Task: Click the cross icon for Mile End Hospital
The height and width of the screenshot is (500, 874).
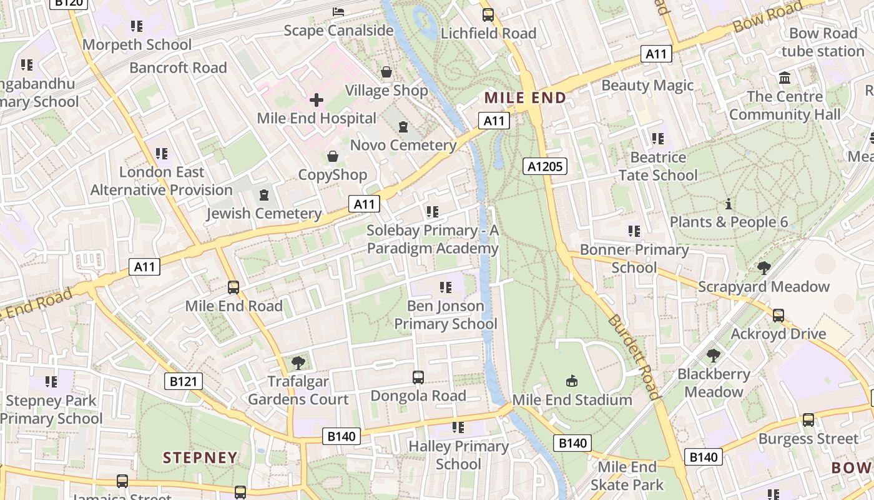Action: (317, 99)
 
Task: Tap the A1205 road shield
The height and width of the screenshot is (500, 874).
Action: (545, 166)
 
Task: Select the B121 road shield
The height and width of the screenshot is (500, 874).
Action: (184, 381)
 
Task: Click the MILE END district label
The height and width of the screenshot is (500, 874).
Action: (525, 97)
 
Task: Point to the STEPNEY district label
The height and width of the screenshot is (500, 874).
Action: (200, 457)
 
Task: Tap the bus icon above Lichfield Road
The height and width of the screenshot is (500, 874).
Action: (488, 15)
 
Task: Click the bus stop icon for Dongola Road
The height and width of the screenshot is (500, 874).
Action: (418, 377)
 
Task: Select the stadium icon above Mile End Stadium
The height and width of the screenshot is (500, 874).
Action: (572, 381)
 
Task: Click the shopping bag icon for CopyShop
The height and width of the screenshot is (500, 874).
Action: (333, 156)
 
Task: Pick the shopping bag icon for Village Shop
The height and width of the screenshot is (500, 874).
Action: (386, 72)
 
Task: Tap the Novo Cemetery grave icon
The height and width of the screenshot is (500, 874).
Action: (403, 127)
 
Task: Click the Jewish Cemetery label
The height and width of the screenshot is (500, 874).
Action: (264, 214)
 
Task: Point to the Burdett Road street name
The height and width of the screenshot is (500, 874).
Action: (633, 356)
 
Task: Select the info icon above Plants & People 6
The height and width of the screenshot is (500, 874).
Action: (729, 204)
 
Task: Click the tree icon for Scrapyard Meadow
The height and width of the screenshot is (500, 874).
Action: (764, 268)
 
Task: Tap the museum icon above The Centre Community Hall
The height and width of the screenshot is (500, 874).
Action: (785, 78)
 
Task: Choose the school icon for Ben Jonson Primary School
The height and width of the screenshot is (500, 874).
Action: (446, 287)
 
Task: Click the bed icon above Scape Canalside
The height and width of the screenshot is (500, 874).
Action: (338, 12)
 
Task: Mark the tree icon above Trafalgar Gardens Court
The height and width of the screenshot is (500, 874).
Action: (298, 362)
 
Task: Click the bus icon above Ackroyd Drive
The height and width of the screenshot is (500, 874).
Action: (778, 316)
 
